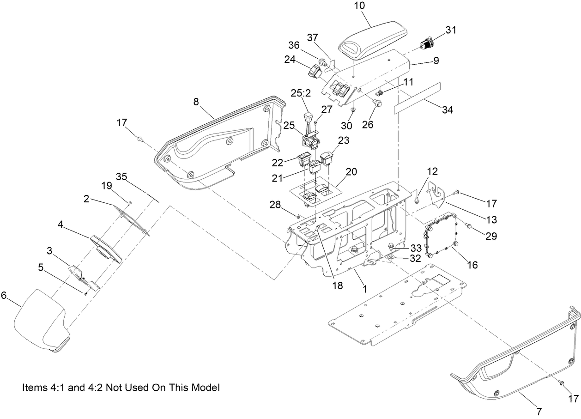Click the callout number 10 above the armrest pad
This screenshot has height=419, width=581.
[x=360, y=6]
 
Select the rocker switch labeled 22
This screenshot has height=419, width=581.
[x=303, y=160]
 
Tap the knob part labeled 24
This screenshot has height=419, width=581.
[x=315, y=72]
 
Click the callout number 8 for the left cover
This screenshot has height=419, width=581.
[x=196, y=102]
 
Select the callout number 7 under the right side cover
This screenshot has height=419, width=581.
[x=539, y=411]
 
